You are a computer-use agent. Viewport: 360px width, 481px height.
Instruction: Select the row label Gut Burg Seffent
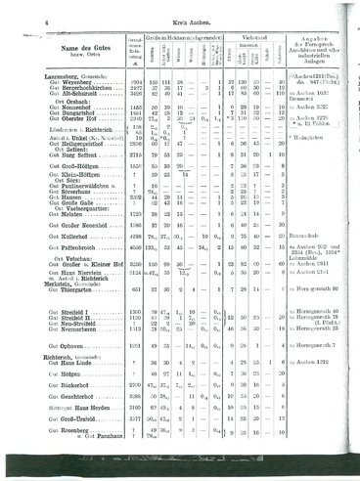(64, 154)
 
